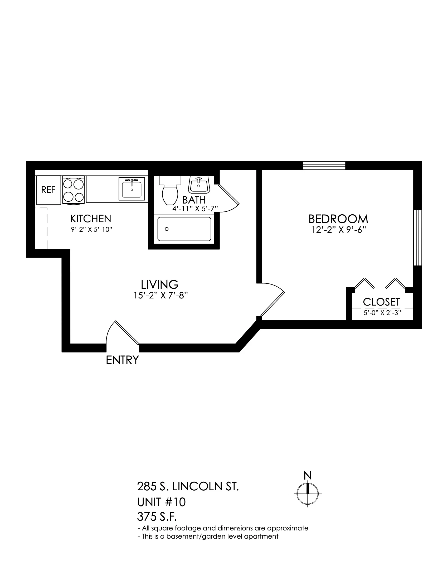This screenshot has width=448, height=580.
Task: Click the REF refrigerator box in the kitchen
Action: [48, 190]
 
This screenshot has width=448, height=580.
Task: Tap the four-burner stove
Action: [74, 190]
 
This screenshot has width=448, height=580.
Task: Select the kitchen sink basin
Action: [132, 188]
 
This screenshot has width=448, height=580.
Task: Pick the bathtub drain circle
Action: [167, 229]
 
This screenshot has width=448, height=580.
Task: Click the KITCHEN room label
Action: [91, 219]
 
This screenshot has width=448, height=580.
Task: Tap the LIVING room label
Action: [159, 284]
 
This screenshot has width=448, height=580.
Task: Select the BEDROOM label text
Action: [338, 219]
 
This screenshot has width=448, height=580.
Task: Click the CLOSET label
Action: [381, 302]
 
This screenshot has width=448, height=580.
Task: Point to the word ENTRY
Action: [122, 360]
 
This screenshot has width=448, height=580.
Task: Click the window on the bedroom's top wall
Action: [324, 166]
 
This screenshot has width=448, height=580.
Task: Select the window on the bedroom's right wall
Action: [417, 238]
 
